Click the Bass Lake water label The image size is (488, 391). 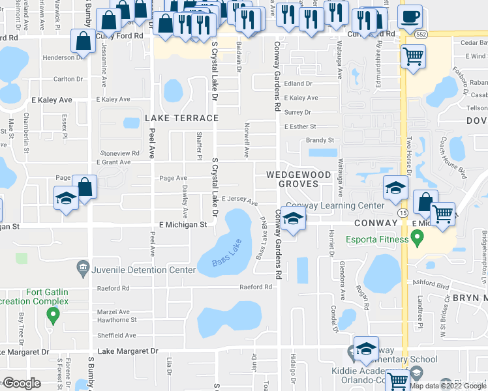pyautogui.click(x=226, y=255)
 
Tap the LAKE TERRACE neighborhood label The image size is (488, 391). pyautogui.click(x=181, y=118)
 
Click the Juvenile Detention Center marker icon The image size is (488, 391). pyautogui.click(x=83, y=266)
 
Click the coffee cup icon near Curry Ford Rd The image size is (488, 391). pyautogui.click(x=410, y=16)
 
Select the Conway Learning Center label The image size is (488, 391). pyautogui.click(x=335, y=205)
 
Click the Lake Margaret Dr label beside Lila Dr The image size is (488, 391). pyautogui.click(x=128, y=351)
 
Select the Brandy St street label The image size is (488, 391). pyautogui.click(x=320, y=140)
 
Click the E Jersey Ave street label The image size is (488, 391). pyautogui.click(x=239, y=201)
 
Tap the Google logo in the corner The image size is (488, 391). pyautogui.click(x=22, y=383)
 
